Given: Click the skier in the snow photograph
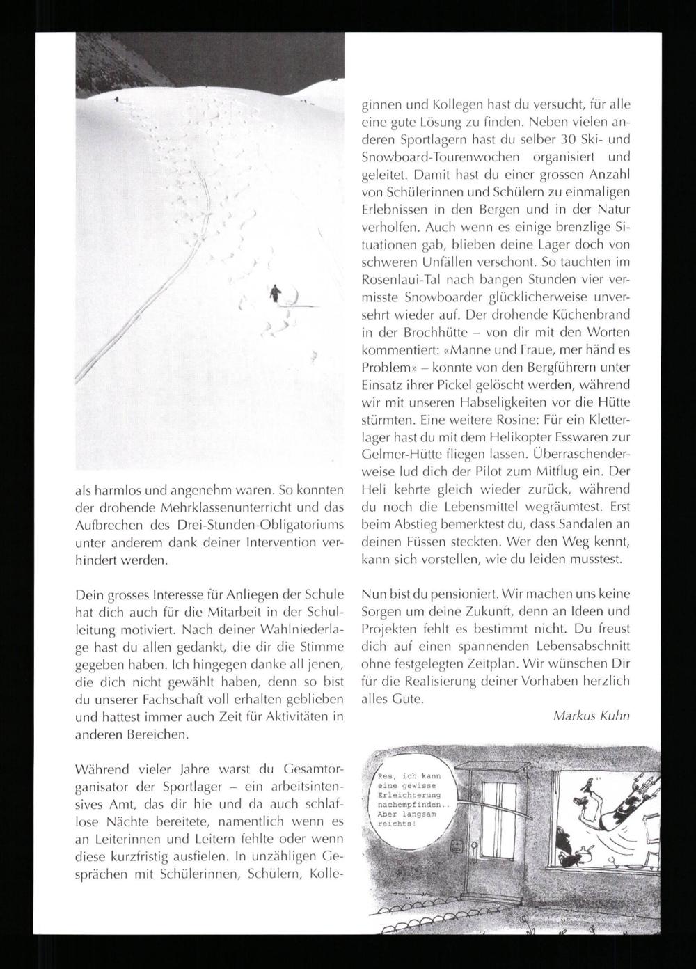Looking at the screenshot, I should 276,293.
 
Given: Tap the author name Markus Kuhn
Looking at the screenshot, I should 591,716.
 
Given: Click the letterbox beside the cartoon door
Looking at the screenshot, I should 457,847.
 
